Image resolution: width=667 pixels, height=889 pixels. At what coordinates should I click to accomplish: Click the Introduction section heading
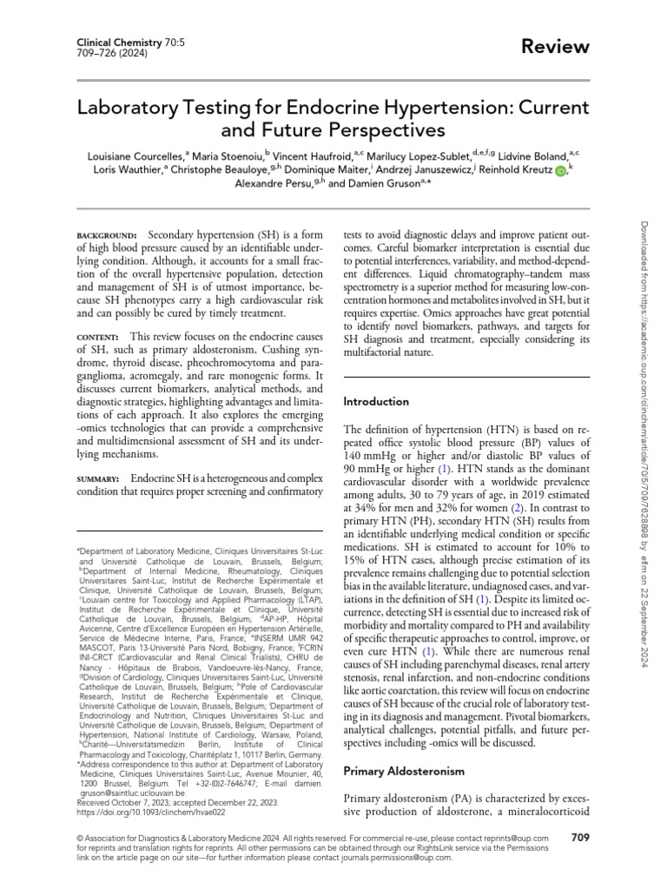tap(376, 402)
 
